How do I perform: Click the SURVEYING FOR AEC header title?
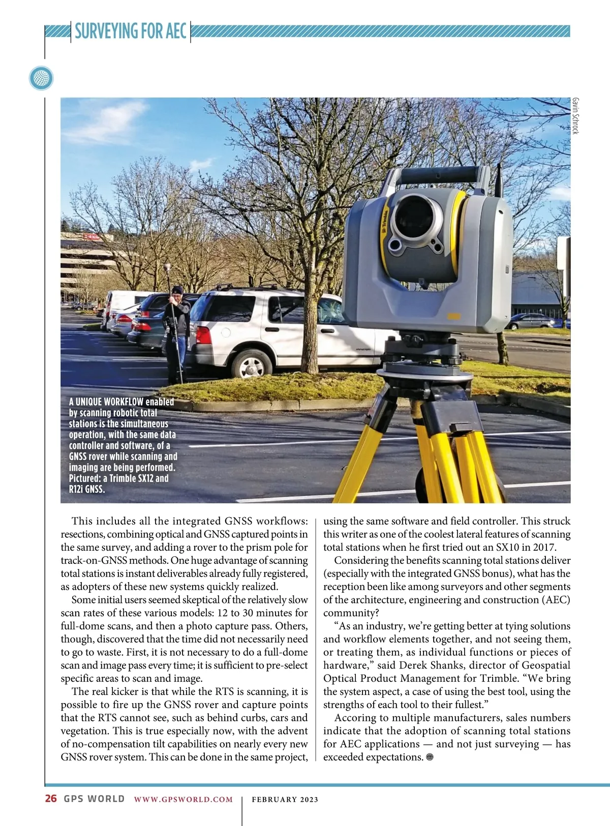[x=131, y=31]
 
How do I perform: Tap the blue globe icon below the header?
[x=41, y=79]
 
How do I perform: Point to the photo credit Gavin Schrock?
[x=575, y=116]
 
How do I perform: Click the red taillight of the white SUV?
[x=203, y=335]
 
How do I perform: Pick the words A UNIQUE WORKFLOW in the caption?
[x=106, y=402]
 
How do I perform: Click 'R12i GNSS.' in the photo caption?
[x=87, y=490]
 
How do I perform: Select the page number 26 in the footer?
[x=51, y=799]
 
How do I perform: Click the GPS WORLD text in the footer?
[x=94, y=799]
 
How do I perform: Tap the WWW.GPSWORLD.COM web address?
[x=184, y=800]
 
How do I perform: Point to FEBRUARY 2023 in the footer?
[x=285, y=800]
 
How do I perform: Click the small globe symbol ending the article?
[x=430, y=757]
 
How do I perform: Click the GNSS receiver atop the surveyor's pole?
[x=167, y=267]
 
